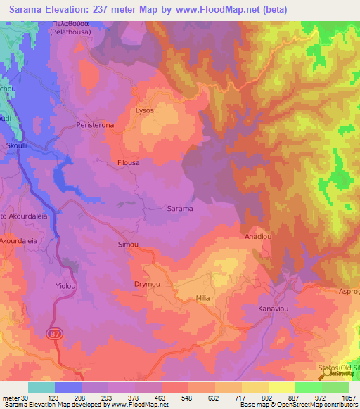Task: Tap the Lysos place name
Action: (143, 110)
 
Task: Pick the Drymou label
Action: (148, 284)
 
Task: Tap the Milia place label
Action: (205, 298)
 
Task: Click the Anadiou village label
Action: (258, 237)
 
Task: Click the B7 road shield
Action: (55, 335)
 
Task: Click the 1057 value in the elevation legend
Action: (348, 398)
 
